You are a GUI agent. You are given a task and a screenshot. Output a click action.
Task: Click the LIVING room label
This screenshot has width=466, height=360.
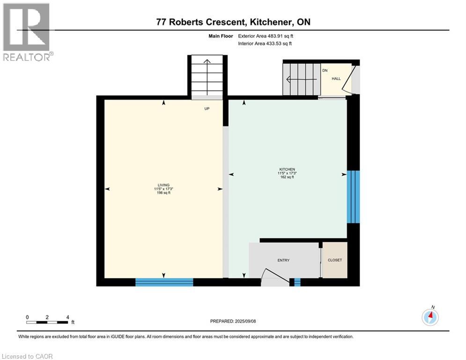coord(163,185)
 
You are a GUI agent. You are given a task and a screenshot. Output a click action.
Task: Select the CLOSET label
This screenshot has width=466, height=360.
coord(335,260)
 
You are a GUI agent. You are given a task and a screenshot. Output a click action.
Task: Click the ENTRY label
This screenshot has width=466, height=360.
coord(283,261)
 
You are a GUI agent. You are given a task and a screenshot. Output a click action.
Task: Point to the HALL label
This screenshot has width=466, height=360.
coord(336,78)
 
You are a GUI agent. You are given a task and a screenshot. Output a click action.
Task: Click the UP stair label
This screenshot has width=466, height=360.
coord(207,108)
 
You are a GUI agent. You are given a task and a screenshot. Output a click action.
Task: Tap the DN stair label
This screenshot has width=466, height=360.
coord(324,71)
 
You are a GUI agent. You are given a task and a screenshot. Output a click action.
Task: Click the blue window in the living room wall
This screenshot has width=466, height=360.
coord(164,282)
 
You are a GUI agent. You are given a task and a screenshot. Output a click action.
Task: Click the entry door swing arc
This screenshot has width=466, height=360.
coord(275,277)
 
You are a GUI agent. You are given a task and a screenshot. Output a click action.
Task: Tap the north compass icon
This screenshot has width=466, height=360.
coord(430,317)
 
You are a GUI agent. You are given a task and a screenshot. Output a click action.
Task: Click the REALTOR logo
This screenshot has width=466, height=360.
coord(27,32)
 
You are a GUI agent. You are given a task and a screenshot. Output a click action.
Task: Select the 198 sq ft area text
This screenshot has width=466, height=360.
coord(163,193)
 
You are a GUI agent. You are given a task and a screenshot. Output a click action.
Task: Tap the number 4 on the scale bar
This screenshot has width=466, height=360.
coord(68,317)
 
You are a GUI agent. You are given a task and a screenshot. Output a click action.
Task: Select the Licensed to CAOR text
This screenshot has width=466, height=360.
coord(28,356)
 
